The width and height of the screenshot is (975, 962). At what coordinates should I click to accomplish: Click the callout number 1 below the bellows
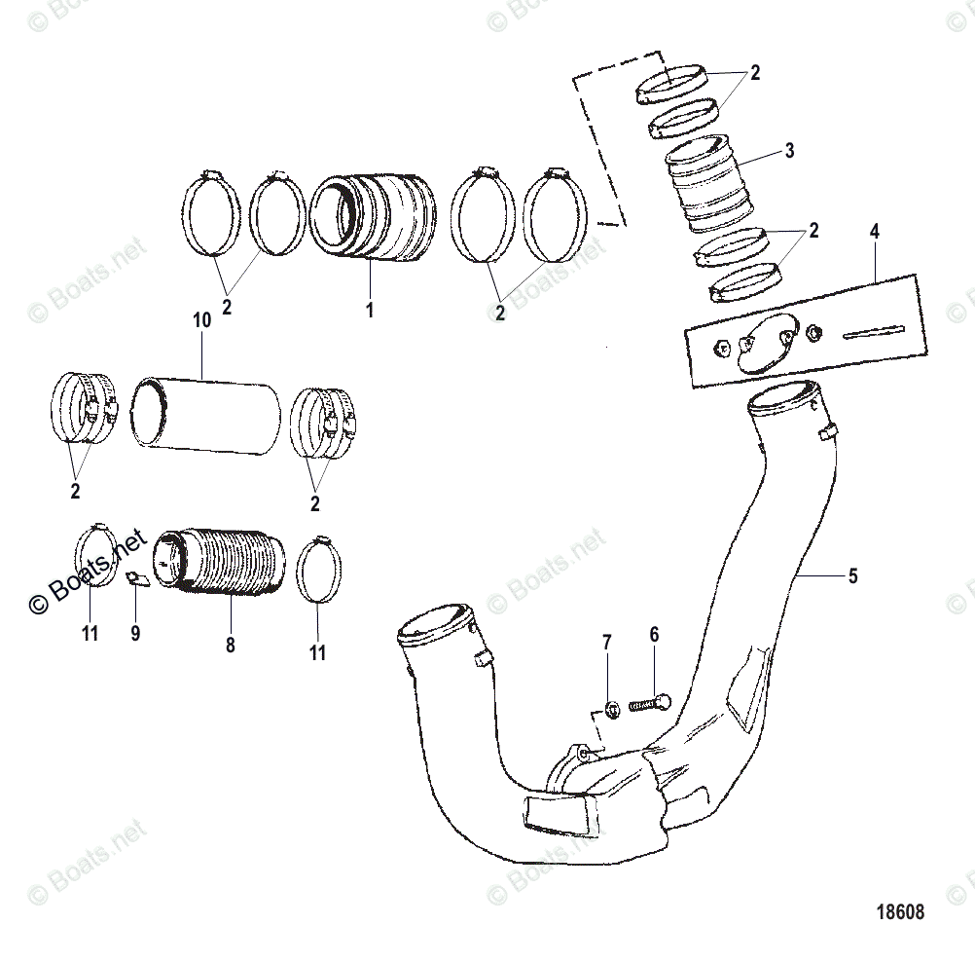pos(369,311)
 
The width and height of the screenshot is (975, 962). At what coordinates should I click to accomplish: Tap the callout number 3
pos(789,151)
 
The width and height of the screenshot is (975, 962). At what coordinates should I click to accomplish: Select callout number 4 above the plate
pos(874,232)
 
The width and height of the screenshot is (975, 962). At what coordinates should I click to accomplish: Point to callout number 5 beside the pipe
pos(852,575)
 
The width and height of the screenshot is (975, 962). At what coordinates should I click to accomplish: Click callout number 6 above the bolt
pos(654,634)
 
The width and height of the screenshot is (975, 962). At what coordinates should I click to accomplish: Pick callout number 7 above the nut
pos(607,642)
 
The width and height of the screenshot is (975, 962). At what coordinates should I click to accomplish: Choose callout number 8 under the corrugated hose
pos(231,644)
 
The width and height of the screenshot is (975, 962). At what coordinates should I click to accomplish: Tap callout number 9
pos(135,633)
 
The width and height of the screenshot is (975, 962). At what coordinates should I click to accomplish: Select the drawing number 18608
pos(899,912)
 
